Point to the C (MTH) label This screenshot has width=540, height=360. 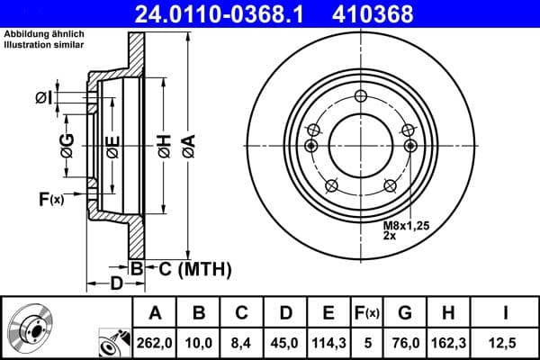click(190, 268)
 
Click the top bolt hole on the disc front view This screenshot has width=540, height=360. click(361, 97)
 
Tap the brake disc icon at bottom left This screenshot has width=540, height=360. click(33, 328)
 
